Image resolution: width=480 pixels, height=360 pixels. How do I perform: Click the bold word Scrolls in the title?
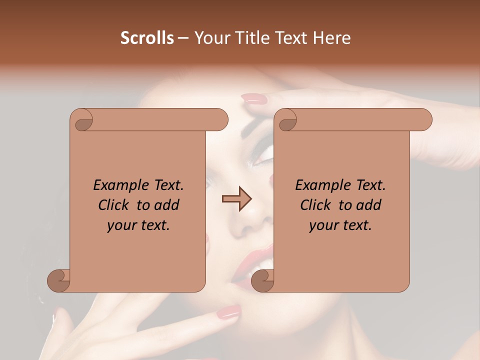pos(147,38)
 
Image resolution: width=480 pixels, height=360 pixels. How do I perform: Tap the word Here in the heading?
pos(332,38)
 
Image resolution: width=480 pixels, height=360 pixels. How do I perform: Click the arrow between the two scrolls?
pos(237,199)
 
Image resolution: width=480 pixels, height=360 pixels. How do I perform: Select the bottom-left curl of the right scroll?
pos(263,281)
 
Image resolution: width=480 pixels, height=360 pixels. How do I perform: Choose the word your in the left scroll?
pos(121,225)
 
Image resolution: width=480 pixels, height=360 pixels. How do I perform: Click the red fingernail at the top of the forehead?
pos(254,99)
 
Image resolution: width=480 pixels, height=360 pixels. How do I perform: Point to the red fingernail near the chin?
pos(228,312)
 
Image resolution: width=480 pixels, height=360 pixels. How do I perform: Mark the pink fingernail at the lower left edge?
pos(55,314)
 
